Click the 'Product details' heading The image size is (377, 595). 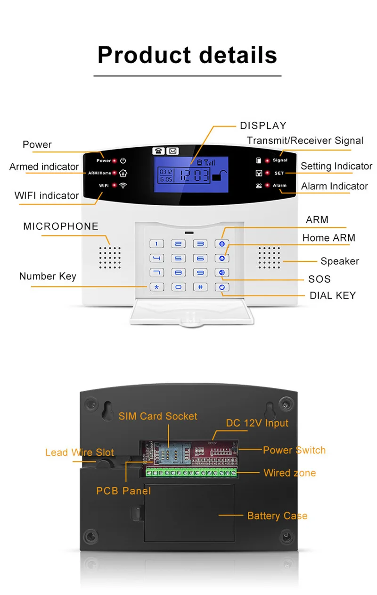click(187, 55)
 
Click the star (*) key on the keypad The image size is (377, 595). click(157, 287)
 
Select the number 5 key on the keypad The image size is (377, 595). click(178, 258)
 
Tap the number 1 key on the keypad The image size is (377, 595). click(157, 244)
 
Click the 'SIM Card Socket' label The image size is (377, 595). click(158, 416)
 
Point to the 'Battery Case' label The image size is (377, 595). click(277, 516)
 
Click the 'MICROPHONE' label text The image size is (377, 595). click(61, 226)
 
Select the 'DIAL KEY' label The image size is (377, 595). click(332, 296)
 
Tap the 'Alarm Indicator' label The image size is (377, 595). click(334, 186)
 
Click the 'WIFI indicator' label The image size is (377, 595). click(47, 195)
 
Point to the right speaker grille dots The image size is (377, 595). click(269, 258)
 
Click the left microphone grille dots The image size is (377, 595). click(110, 258)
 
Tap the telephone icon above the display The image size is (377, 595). click(158, 151)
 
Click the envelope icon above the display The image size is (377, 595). click(172, 151)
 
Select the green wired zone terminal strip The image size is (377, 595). click(191, 472)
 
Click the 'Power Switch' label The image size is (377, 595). click(294, 450)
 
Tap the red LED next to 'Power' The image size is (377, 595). click(115, 161)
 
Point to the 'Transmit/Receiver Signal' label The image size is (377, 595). click(305, 140)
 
